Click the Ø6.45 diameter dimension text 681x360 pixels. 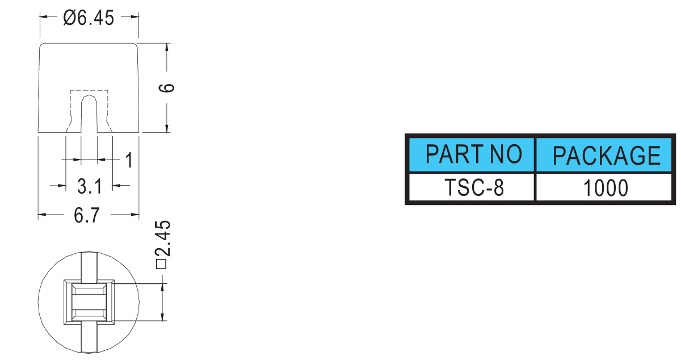(89, 18)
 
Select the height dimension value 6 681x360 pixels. (167, 88)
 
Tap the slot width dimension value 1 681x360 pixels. (129, 160)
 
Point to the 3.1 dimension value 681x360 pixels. (90, 186)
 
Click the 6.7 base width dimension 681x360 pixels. (87, 215)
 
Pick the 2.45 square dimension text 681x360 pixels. (163, 238)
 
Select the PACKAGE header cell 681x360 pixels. (604, 155)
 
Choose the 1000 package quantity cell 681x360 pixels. (604, 187)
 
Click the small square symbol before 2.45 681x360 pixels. (161, 264)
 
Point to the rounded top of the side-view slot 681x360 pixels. (89, 97)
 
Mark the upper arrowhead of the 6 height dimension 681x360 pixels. (167, 48)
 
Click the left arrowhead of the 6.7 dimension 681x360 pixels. (42, 215)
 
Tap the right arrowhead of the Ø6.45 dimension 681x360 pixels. (134, 16)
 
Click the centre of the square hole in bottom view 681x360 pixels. (89, 302)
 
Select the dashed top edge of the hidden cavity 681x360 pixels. (89, 90)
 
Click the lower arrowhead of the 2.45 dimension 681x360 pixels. (162, 316)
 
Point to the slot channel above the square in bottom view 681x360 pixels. (89, 266)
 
